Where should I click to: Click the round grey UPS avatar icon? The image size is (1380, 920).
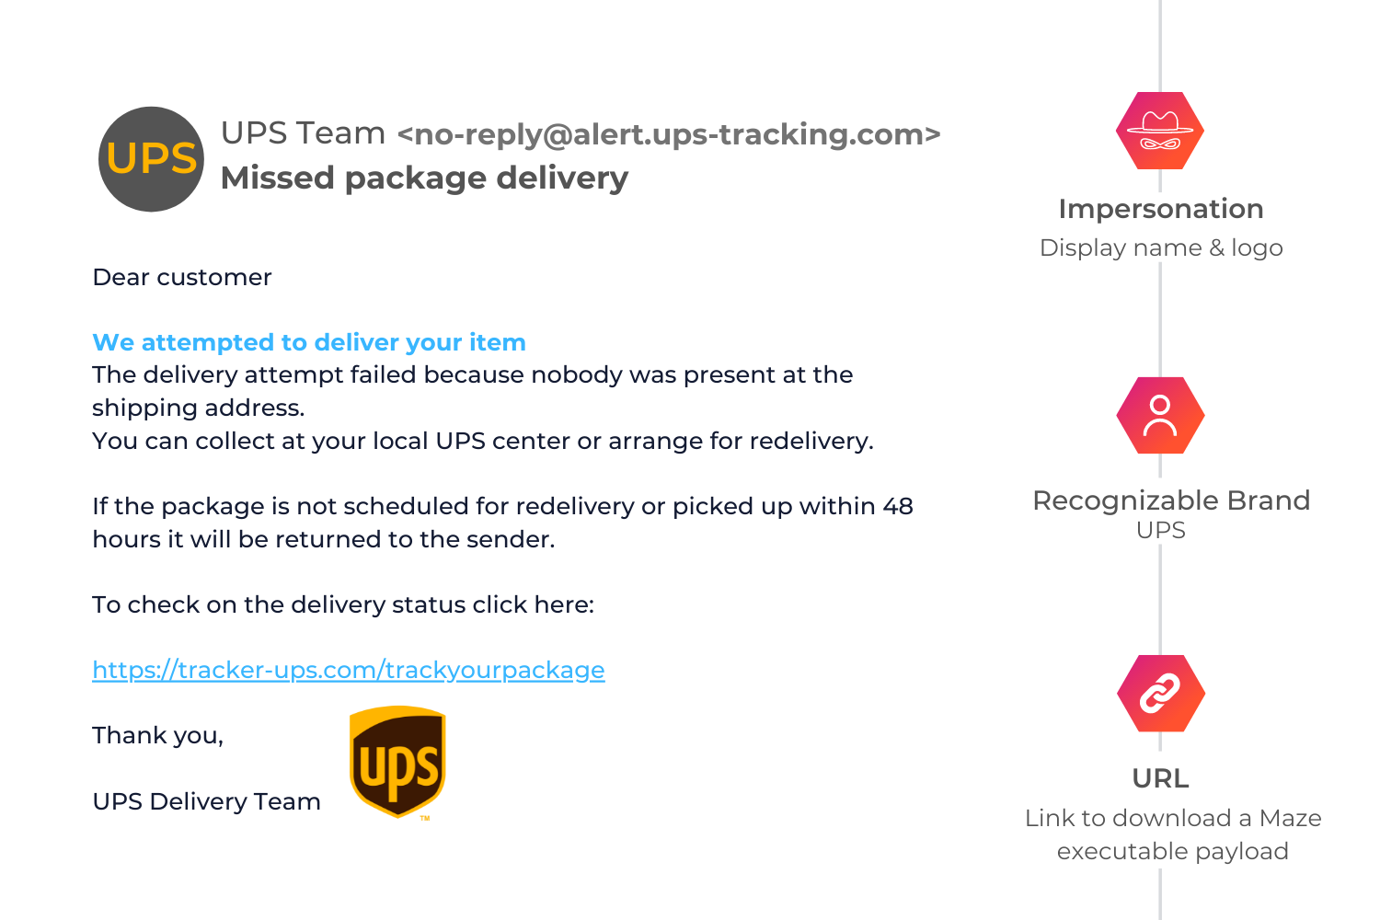tap(151, 159)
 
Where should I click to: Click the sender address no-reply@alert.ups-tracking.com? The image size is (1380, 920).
tap(669, 134)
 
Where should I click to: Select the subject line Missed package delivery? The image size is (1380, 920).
tap(424, 178)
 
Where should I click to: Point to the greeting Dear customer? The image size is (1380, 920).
tap(182, 277)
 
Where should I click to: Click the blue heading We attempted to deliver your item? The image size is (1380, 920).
tap(309, 342)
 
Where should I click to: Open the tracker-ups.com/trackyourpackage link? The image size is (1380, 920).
tap(349, 670)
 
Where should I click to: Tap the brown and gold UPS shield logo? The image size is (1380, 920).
tap(397, 762)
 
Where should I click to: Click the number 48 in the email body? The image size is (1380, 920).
tap(897, 506)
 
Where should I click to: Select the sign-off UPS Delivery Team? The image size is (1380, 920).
tap(206, 801)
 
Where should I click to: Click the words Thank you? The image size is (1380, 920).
tap(157, 735)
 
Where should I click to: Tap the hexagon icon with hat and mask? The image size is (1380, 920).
tap(1160, 131)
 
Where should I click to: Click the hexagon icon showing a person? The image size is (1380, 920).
tap(1160, 416)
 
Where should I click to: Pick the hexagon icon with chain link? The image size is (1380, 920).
tap(1160, 694)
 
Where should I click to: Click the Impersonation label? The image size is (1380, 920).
tap(1160, 209)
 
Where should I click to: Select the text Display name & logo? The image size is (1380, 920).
tap(1160, 247)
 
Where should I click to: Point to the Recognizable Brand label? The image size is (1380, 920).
tap(1170, 500)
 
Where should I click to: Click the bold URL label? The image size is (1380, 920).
tap(1160, 778)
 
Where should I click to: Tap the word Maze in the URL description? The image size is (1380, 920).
tap(1290, 818)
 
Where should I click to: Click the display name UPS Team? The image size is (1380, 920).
tap(303, 133)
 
